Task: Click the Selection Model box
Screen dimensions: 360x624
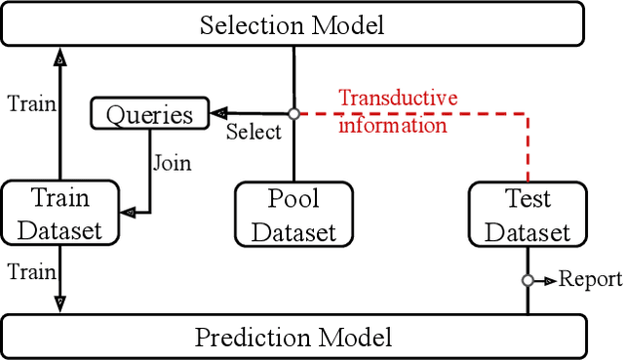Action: [293, 23]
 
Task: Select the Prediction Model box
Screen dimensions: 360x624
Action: [293, 337]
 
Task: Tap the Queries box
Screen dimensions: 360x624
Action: [150, 115]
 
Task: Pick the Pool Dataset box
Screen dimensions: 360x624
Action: [293, 215]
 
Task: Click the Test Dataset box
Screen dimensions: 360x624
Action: [527, 215]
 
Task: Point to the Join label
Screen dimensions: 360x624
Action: [171, 162]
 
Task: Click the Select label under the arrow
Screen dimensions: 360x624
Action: [253, 132]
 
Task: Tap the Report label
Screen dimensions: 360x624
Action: [590, 280]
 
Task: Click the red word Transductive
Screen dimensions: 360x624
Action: [397, 99]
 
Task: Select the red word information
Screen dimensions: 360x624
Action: [392, 124]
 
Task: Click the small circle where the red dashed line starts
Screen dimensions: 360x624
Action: [293, 113]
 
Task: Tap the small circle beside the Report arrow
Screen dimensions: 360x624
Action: [527, 280]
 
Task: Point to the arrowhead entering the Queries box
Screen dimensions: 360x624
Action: [218, 113]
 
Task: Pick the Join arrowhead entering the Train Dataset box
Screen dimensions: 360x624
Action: [126, 211]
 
